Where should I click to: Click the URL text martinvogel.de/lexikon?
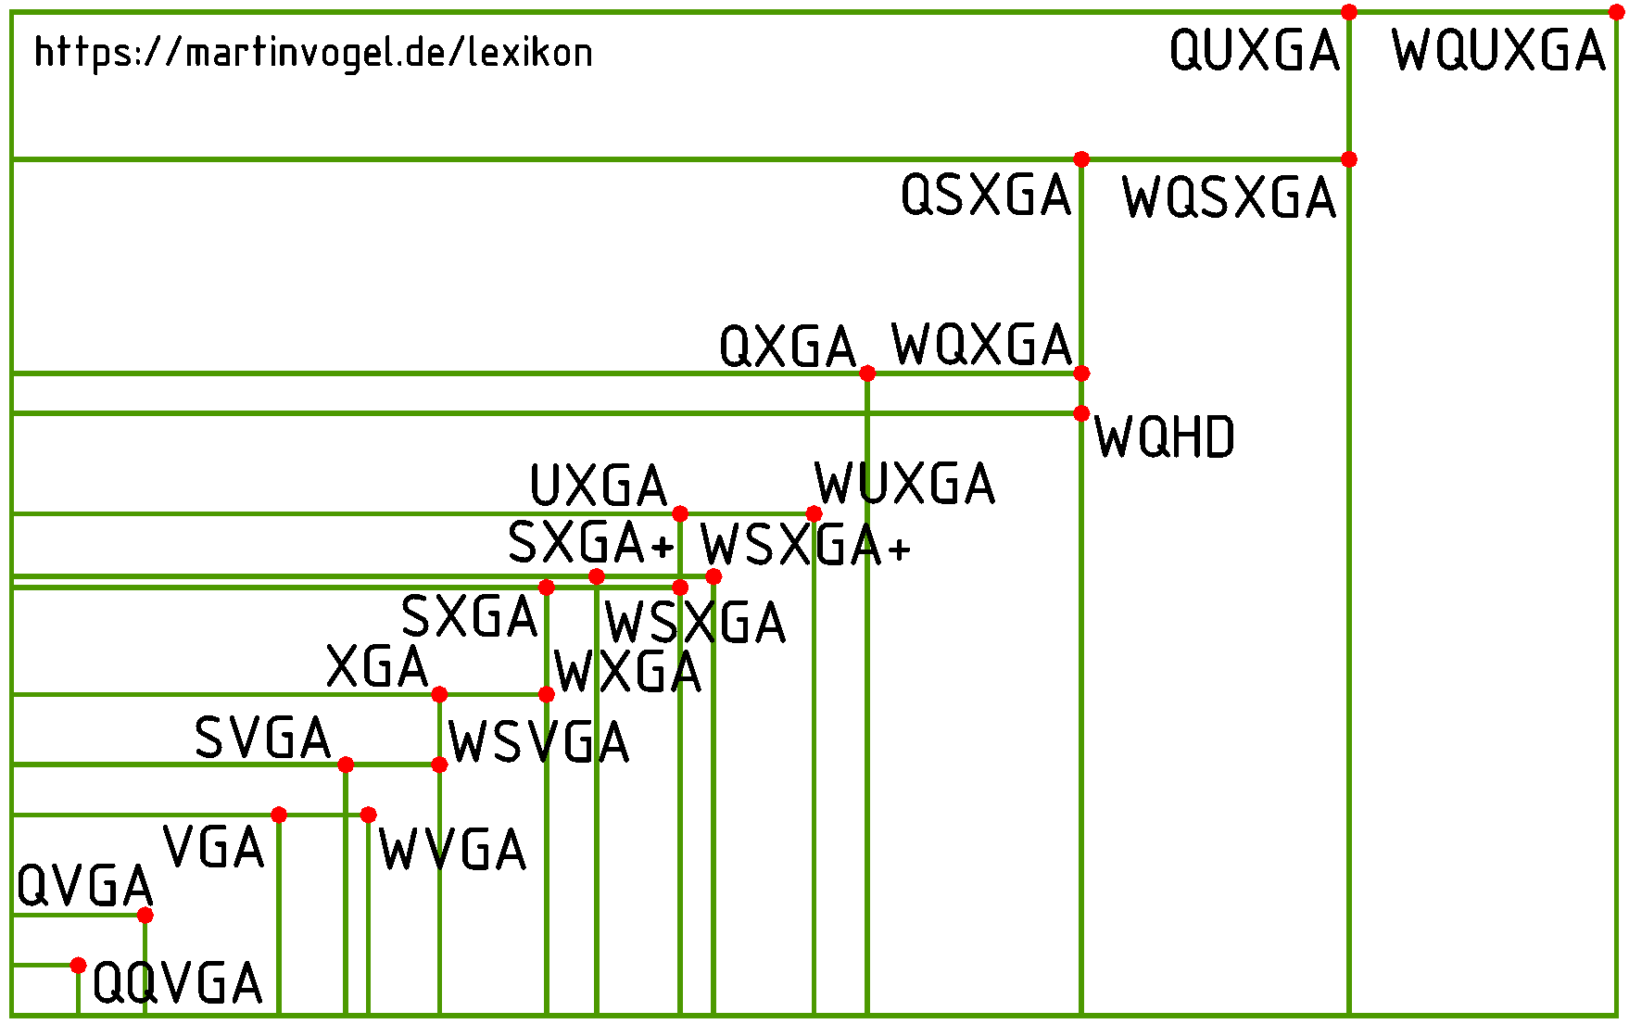(313, 53)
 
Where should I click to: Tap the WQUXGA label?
(1497, 51)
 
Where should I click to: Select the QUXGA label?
(1255, 51)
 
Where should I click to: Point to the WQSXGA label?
(1229, 198)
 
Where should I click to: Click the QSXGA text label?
(986, 196)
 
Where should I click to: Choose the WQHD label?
(1164, 437)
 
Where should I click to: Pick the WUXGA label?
(904, 484)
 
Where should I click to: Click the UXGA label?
(599, 487)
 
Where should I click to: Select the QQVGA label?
(177, 983)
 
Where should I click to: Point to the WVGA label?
(452, 850)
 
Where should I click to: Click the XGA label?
(377, 667)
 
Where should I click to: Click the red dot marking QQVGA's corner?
(78, 966)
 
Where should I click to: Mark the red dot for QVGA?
(145, 916)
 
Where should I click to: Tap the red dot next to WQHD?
(1080, 413)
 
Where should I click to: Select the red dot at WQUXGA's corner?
(1616, 13)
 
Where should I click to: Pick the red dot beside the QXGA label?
(867, 373)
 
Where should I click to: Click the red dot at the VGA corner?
(279, 815)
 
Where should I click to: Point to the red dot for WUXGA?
(814, 513)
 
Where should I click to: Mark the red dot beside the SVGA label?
(346, 765)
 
